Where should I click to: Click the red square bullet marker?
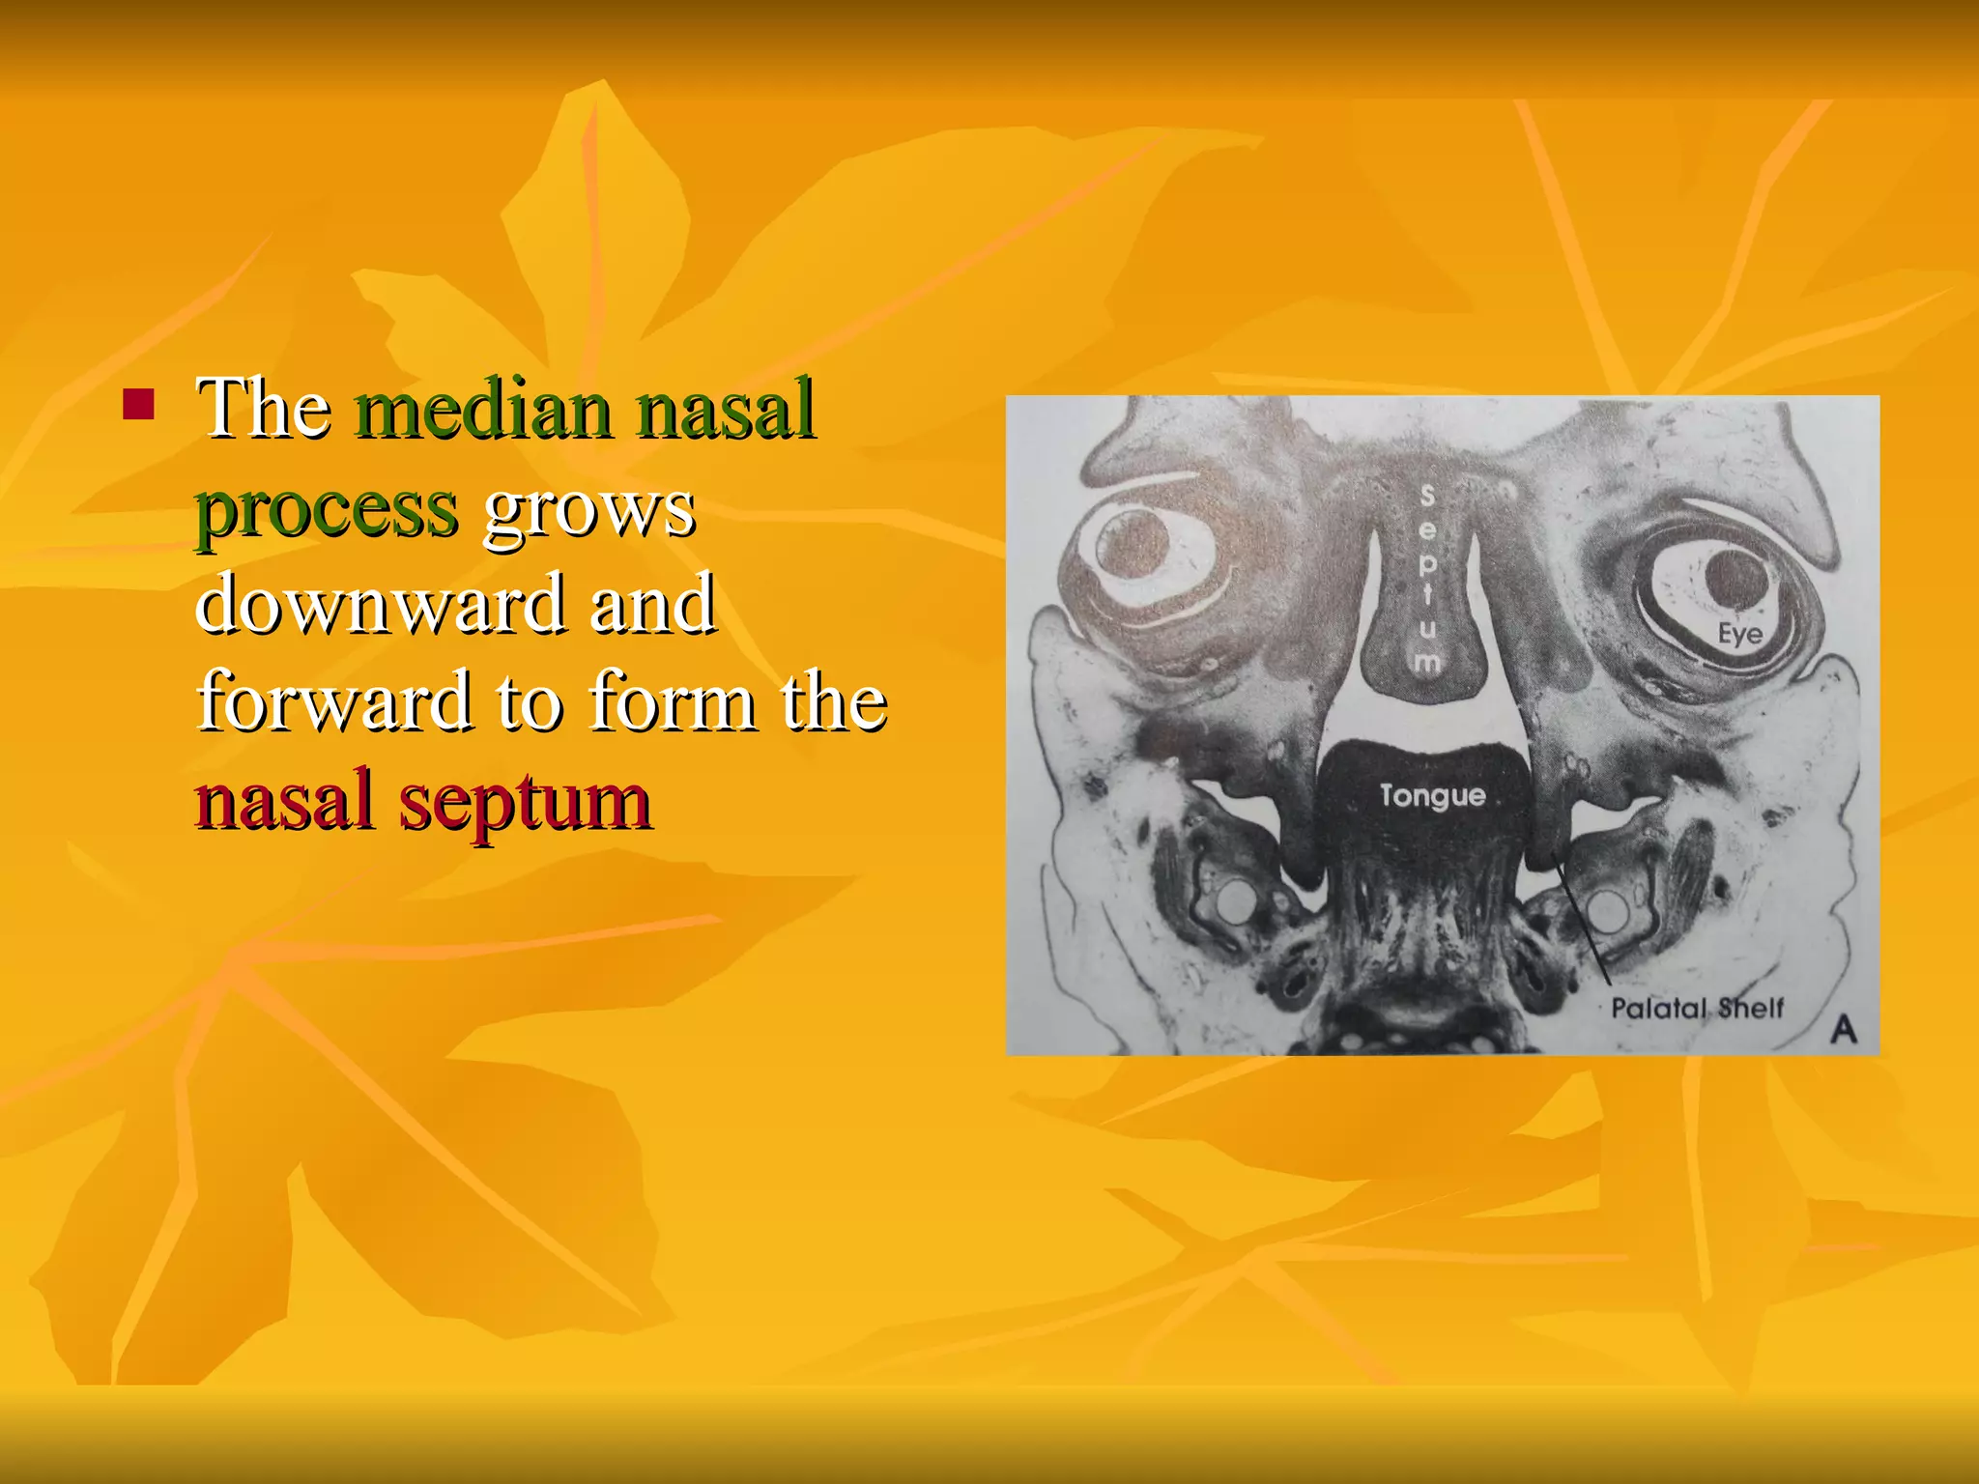pyautogui.click(x=139, y=406)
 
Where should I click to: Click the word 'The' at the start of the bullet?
pyautogui.click(x=264, y=409)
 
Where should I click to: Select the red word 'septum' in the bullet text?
pyautogui.click(x=525, y=801)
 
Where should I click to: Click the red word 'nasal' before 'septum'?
pyautogui.click(x=284, y=801)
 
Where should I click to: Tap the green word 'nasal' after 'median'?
pyautogui.click(x=726, y=409)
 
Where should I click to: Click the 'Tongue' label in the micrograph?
pyautogui.click(x=1432, y=795)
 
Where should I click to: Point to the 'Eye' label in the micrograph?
pyautogui.click(x=1739, y=634)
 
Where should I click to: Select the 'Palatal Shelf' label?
pyautogui.click(x=1697, y=1009)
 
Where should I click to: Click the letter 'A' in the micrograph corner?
pyautogui.click(x=1843, y=1030)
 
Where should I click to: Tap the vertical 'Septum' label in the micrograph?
pyautogui.click(x=1426, y=580)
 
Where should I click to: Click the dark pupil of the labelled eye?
pyautogui.click(x=1735, y=578)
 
